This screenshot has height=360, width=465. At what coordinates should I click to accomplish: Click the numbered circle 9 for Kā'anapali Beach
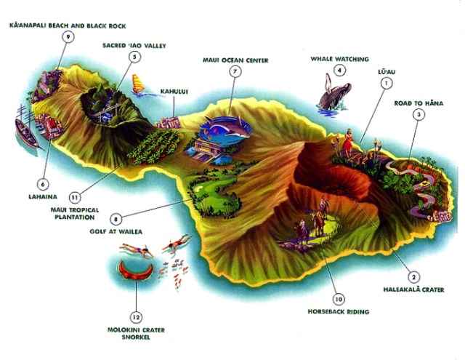[x=68, y=37]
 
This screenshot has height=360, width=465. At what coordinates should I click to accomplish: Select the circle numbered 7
[x=235, y=71]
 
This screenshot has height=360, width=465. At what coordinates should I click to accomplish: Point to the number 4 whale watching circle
[x=339, y=70]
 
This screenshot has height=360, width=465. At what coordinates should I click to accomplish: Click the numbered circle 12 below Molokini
[x=136, y=316]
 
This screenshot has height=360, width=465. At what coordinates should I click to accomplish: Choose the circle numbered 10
[x=338, y=299]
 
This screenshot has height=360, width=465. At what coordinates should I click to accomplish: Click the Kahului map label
[x=174, y=92]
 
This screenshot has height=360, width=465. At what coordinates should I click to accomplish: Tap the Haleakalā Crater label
[x=413, y=289]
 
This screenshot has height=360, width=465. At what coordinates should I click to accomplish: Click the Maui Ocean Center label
[x=235, y=60]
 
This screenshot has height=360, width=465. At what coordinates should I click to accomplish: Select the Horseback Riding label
[x=338, y=312]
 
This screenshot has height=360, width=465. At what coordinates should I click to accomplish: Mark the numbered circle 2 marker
[x=413, y=276]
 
